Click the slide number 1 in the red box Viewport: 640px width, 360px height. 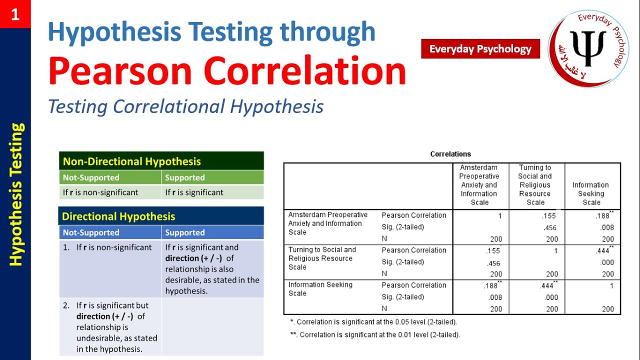(x=15, y=14)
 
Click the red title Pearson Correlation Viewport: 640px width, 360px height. (x=227, y=71)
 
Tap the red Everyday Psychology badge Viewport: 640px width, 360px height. (x=480, y=49)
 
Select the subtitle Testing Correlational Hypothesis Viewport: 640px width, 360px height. (x=185, y=106)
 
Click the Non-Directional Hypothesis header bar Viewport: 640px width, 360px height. (x=161, y=161)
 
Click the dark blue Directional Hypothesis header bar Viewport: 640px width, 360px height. (x=161, y=216)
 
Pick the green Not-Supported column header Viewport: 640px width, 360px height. (x=110, y=177)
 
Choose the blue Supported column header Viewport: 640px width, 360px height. (x=212, y=232)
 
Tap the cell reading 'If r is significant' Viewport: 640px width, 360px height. (x=212, y=192)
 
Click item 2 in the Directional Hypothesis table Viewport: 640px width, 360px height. (x=110, y=327)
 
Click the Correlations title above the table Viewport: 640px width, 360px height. (x=450, y=154)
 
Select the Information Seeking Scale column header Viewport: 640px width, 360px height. (x=591, y=193)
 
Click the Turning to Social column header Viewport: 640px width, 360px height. (x=535, y=185)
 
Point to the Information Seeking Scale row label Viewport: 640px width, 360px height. (x=320, y=289)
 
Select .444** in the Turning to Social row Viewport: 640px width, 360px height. (x=603, y=251)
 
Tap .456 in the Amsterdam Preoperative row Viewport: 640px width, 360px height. (x=550, y=228)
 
